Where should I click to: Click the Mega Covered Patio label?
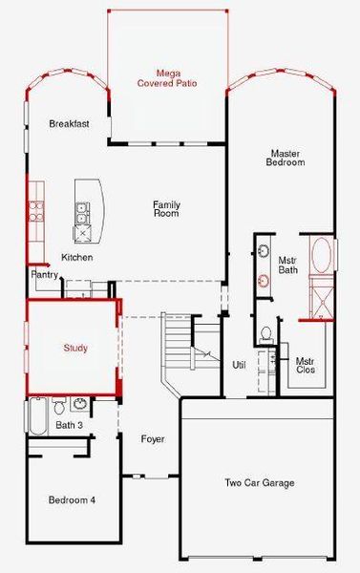click(168, 78)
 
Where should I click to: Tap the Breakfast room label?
click(69, 124)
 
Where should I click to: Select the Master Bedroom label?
click(286, 158)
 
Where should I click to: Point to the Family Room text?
click(167, 209)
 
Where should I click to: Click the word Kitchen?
click(77, 258)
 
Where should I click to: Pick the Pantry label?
click(46, 275)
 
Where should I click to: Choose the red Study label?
click(75, 348)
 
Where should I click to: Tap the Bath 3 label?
click(67, 425)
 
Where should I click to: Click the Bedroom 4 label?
click(73, 499)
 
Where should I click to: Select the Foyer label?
click(152, 439)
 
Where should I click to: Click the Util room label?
click(240, 365)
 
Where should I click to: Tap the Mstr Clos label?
click(306, 366)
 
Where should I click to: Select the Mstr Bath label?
click(287, 265)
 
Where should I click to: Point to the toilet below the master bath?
click(266, 334)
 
